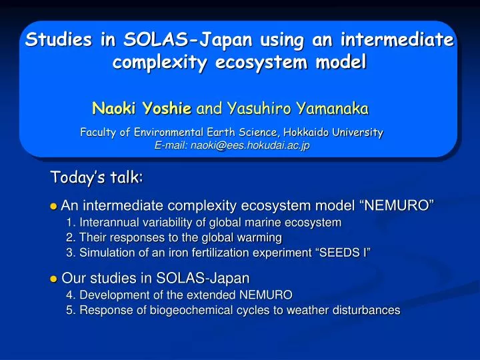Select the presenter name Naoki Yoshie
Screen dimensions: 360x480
[142, 107]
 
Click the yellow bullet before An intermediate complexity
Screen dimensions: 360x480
[54, 206]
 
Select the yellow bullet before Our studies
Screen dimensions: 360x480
[54, 279]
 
